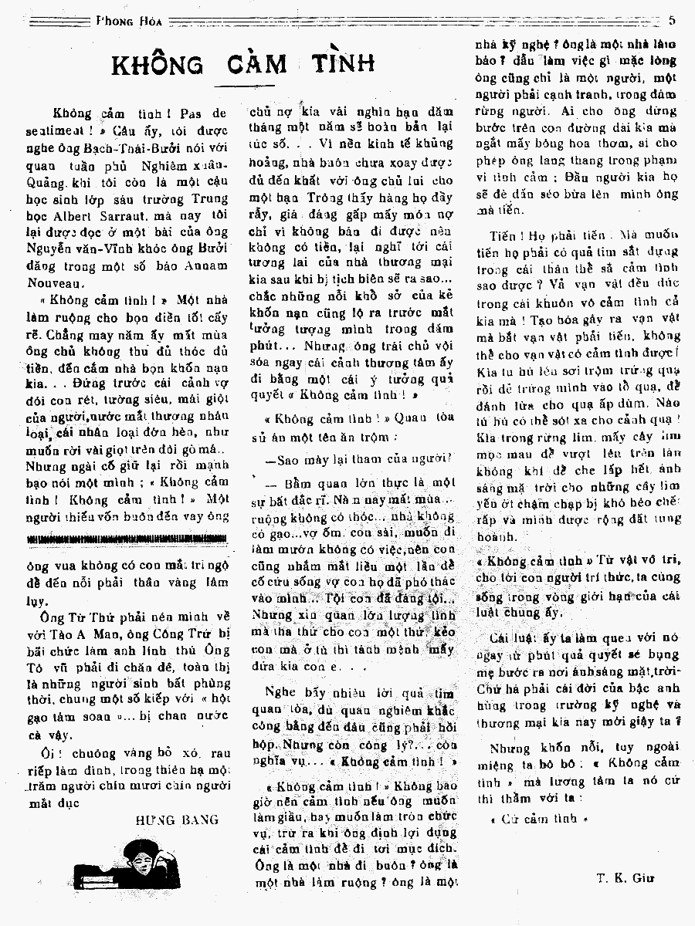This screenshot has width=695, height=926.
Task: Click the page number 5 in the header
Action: click(x=673, y=21)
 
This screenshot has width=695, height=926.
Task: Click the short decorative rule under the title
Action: click(x=243, y=86)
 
